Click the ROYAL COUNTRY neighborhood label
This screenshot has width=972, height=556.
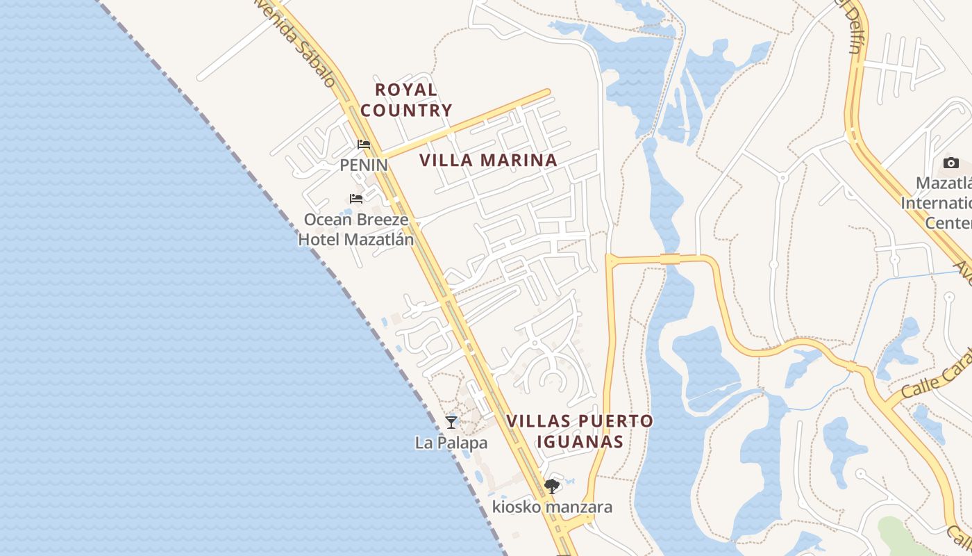[x=406, y=99]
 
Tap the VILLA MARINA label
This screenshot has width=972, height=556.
[x=488, y=161]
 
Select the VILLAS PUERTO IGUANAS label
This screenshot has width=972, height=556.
[x=579, y=431]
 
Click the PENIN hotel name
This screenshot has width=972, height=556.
[x=363, y=165]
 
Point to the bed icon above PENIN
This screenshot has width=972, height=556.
[x=364, y=145]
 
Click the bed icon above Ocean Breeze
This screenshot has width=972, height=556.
[x=356, y=199]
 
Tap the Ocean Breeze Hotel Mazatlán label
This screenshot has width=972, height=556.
[x=355, y=230]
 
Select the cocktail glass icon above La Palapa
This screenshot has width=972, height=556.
[x=451, y=422]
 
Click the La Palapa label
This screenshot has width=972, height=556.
[x=451, y=443]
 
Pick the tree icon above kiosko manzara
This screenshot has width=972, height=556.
[x=552, y=486]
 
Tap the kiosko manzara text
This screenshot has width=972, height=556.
[x=552, y=507]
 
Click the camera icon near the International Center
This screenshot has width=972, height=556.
[x=950, y=163]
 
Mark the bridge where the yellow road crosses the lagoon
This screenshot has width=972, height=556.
[x=670, y=259]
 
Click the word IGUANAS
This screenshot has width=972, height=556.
[x=579, y=441]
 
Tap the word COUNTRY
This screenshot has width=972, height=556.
[x=406, y=110]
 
